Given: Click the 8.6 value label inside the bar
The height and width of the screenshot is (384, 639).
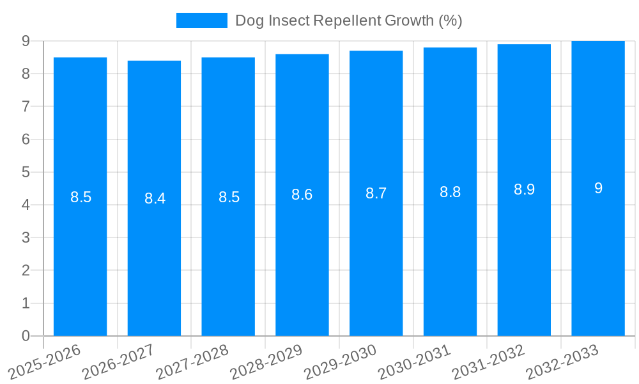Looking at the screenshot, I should point(302,195).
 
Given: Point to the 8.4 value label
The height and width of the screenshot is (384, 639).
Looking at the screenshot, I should point(155,198).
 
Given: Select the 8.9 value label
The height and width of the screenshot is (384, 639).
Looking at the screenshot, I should point(524,189).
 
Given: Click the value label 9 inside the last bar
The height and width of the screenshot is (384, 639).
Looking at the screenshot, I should point(598,188).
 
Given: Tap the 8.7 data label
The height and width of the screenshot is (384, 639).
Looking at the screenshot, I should point(376,193).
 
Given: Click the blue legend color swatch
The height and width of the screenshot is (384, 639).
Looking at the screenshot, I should point(201,20).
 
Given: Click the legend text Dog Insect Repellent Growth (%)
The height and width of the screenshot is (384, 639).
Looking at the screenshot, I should point(348,20).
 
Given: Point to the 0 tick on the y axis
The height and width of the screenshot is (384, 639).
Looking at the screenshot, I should point(26,336).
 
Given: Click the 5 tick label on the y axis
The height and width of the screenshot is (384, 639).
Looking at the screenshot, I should point(26,172).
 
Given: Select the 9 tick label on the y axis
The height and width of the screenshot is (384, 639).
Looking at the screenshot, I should point(26,41).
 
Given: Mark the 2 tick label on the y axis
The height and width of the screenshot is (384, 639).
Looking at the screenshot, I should point(26,271).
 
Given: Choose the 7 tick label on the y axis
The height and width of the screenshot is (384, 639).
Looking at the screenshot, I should point(26,106).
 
